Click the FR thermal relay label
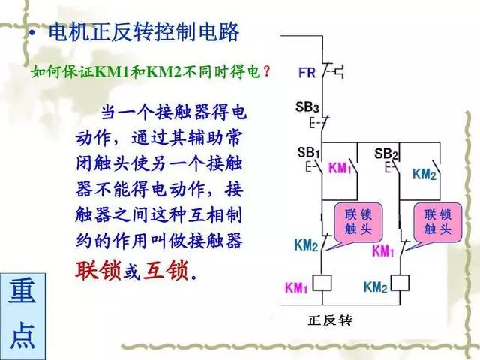point(307,73)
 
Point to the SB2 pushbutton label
point(385,154)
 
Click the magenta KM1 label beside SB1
point(340,168)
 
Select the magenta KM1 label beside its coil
point(297,287)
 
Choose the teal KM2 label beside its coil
point(374,287)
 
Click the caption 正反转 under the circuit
point(329,319)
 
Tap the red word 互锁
point(166,268)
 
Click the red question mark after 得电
point(267,72)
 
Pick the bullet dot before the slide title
point(31,35)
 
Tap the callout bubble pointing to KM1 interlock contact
point(435,221)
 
